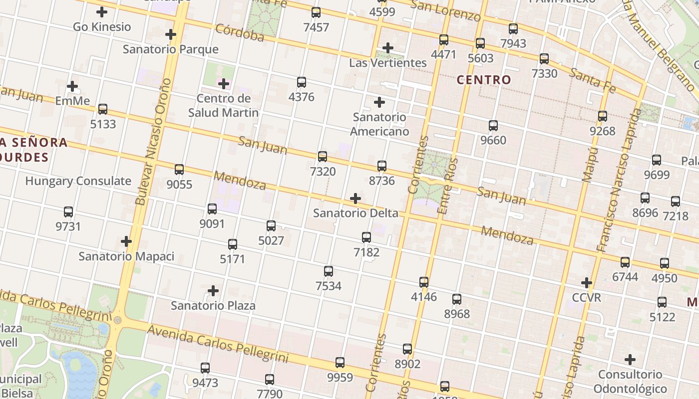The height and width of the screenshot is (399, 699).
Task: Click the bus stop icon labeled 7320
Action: pos(323,157)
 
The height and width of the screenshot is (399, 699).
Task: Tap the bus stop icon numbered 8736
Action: pos(382,166)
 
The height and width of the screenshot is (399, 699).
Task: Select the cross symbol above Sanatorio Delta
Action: pos(355,199)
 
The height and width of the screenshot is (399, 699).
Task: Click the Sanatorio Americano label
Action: pos(379,124)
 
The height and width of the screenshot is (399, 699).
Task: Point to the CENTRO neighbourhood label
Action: pos(484,80)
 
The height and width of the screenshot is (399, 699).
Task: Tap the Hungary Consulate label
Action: pos(78,181)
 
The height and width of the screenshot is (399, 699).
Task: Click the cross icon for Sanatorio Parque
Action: pos(171,34)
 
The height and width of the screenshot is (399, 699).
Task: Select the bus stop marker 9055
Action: pos(179,170)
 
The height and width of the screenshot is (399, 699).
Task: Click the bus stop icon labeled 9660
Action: pos(493,126)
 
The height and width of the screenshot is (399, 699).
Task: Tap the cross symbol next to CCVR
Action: pos(587,283)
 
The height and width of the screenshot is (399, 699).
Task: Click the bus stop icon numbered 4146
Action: pos(424,282)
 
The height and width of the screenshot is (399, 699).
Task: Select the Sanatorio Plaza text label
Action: pos(213,305)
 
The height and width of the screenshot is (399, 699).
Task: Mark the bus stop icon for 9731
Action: pos(68,212)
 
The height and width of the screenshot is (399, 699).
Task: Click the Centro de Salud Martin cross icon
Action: pos(224,83)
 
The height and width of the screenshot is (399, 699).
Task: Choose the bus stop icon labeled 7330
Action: pos(544,59)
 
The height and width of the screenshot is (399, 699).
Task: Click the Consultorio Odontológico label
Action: pos(630,382)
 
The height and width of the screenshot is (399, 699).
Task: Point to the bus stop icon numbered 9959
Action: pos(340,363)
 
